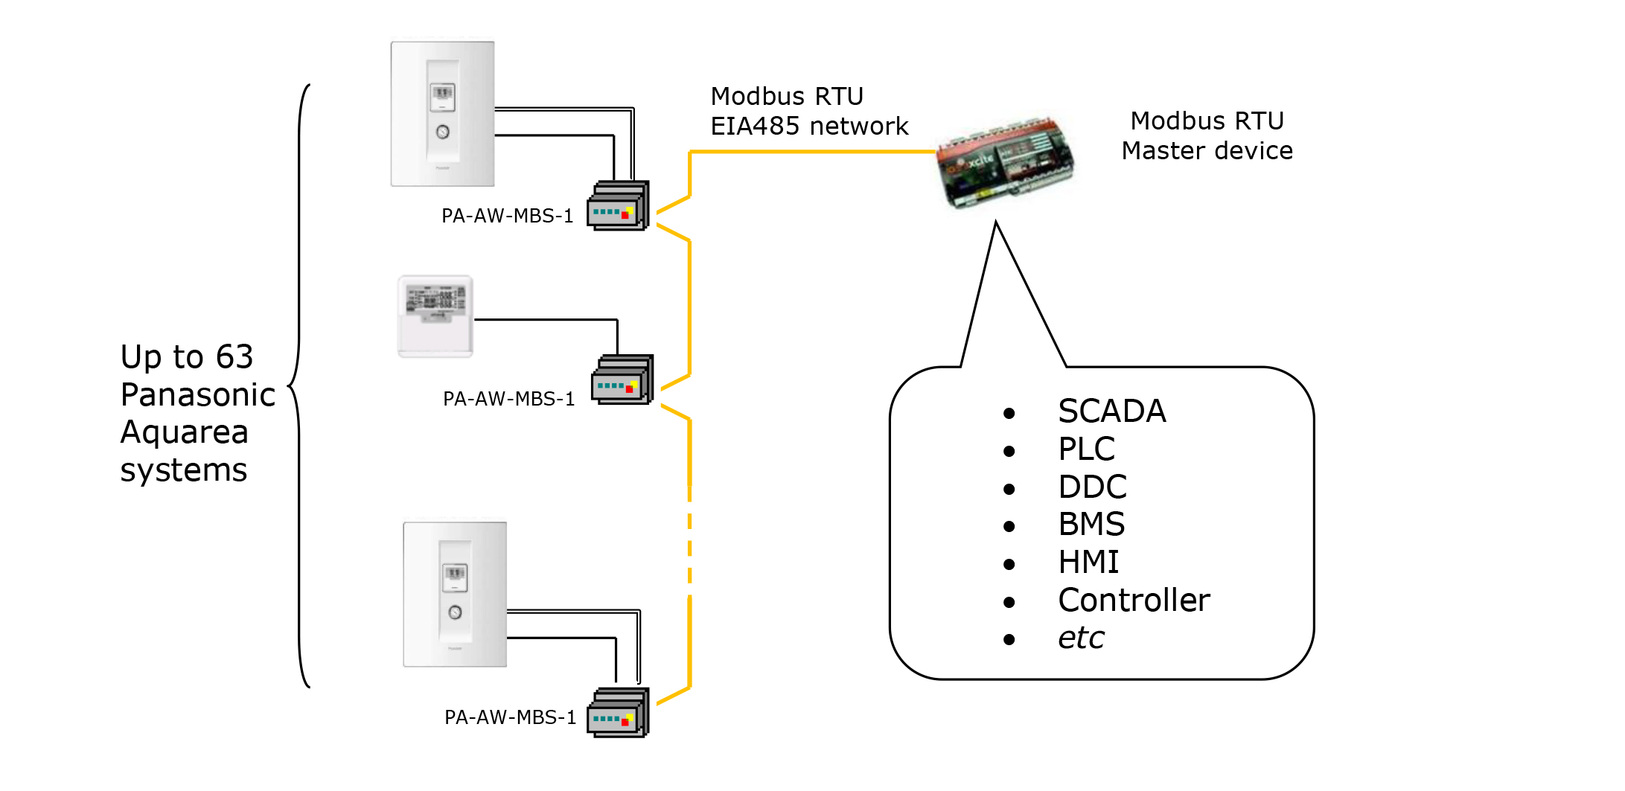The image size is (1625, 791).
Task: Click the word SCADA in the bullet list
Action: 1111,411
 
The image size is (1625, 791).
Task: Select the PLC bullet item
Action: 1086,449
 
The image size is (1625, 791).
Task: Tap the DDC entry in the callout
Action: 1092,487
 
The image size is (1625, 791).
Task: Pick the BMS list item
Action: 1091,525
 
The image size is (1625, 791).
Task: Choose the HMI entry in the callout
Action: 1088,563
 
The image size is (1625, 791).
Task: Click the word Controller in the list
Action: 1134,601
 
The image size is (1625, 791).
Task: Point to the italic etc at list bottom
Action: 1081,638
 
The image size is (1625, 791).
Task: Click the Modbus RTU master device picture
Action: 1005,162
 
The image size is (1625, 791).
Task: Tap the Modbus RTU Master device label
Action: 1207,135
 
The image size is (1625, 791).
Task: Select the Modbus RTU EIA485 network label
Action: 809,112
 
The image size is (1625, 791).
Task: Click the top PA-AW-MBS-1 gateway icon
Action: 618,206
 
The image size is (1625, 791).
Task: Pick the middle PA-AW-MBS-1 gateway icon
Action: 622,380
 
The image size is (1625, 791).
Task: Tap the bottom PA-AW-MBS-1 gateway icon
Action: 618,713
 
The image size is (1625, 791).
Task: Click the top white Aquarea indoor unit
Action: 443,114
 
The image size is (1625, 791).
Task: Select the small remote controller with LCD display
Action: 435,316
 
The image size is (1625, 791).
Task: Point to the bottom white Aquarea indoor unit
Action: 455,594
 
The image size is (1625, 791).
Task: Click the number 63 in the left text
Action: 234,357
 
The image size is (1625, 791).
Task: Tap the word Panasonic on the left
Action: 198,395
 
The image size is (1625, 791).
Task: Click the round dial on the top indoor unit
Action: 443,132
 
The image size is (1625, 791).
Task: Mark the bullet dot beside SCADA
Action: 1009,414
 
